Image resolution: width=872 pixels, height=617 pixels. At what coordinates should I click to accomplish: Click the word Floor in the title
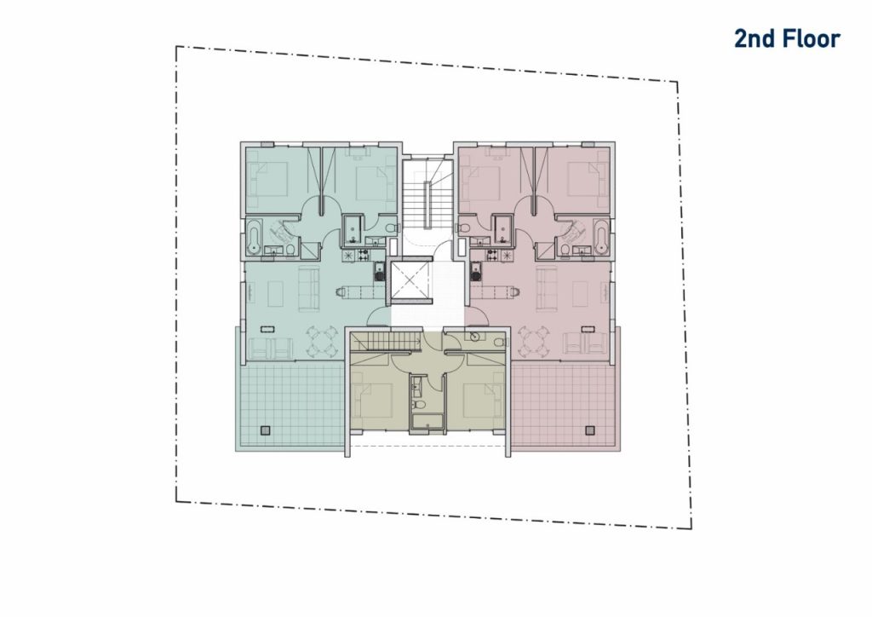(812, 39)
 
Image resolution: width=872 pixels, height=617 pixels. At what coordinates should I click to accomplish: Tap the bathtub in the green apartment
(254, 236)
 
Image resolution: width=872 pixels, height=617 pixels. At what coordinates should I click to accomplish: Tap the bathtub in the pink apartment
(600, 236)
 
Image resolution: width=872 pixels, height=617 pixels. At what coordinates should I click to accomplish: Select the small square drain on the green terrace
(266, 430)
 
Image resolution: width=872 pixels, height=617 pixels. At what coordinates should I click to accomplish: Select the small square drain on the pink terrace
(589, 430)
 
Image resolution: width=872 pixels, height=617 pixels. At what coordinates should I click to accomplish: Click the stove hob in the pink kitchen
(492, 256)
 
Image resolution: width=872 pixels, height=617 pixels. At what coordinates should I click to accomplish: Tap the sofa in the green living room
(308, 290)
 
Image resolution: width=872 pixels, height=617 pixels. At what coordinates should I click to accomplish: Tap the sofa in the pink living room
(546, 290)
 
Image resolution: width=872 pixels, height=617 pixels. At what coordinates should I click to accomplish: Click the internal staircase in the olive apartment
(384, 341)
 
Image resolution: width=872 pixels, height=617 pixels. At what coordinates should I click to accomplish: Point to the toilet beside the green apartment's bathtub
(290, 251)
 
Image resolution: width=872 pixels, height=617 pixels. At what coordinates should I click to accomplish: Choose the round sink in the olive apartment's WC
(474, 336)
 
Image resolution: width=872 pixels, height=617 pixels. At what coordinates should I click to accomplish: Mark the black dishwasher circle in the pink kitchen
(475, 274)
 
